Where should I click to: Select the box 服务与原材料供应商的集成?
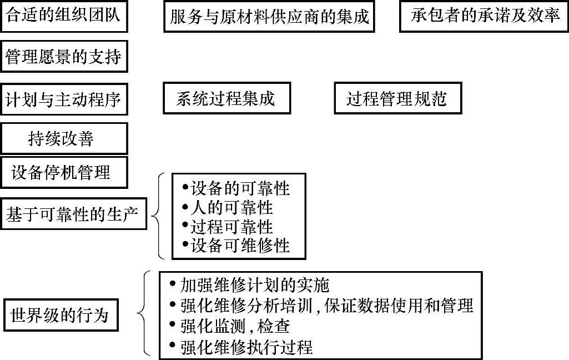point(269,17)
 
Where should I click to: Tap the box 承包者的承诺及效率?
point(485,16)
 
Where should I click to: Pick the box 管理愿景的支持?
point(64,56)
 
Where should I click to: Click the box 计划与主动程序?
point(64,99)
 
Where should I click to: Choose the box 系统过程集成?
point(226,99)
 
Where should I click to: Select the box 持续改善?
point(64,138)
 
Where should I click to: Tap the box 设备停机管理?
point(64,172)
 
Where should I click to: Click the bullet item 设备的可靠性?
point(236,188)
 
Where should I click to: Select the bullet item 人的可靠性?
point(228,208)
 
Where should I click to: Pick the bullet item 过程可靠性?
point(228,227)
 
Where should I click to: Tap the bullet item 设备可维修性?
point(236,246)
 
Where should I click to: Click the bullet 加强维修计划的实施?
point(250,286)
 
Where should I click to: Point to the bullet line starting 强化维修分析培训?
point(322,306)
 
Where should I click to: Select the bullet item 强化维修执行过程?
point(242,347)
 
